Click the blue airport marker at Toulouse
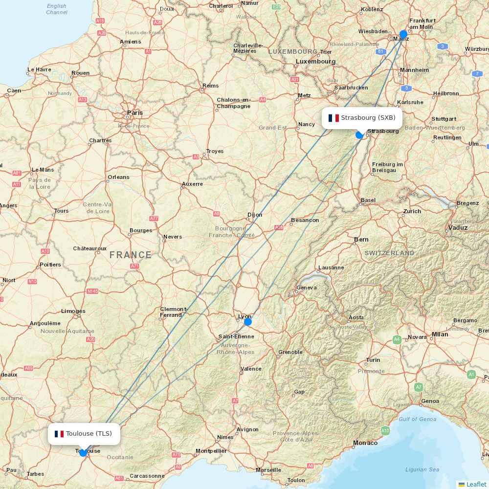click(x=83, y=453)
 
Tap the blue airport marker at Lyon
click(x=248, y=322)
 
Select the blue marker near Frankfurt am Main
click(x=403, y=34)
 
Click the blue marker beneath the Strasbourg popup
click(x=359, y=135)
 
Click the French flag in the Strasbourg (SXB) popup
click(x=333, y=118)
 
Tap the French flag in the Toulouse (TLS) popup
click(x=59, y=434)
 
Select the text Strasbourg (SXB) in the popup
click(x=368, y=118)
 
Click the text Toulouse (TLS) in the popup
click(x=89, y=434)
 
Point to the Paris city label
click(x=135, y=112)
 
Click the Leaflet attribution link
click(x=476, y=484)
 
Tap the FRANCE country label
click(x=131, y=255)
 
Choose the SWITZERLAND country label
click(x=389, y=253)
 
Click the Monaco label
click(x=365, y=443)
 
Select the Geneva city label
click(x=307, y=288)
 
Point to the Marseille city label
click(x=268, y=470)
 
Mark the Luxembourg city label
click(x=315, y=62)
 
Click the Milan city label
click(x=440, y=334)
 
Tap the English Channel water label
click(x=57, y=9)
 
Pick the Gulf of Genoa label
click(x=417, y=419)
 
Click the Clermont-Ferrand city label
click(x=174, y=312)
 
